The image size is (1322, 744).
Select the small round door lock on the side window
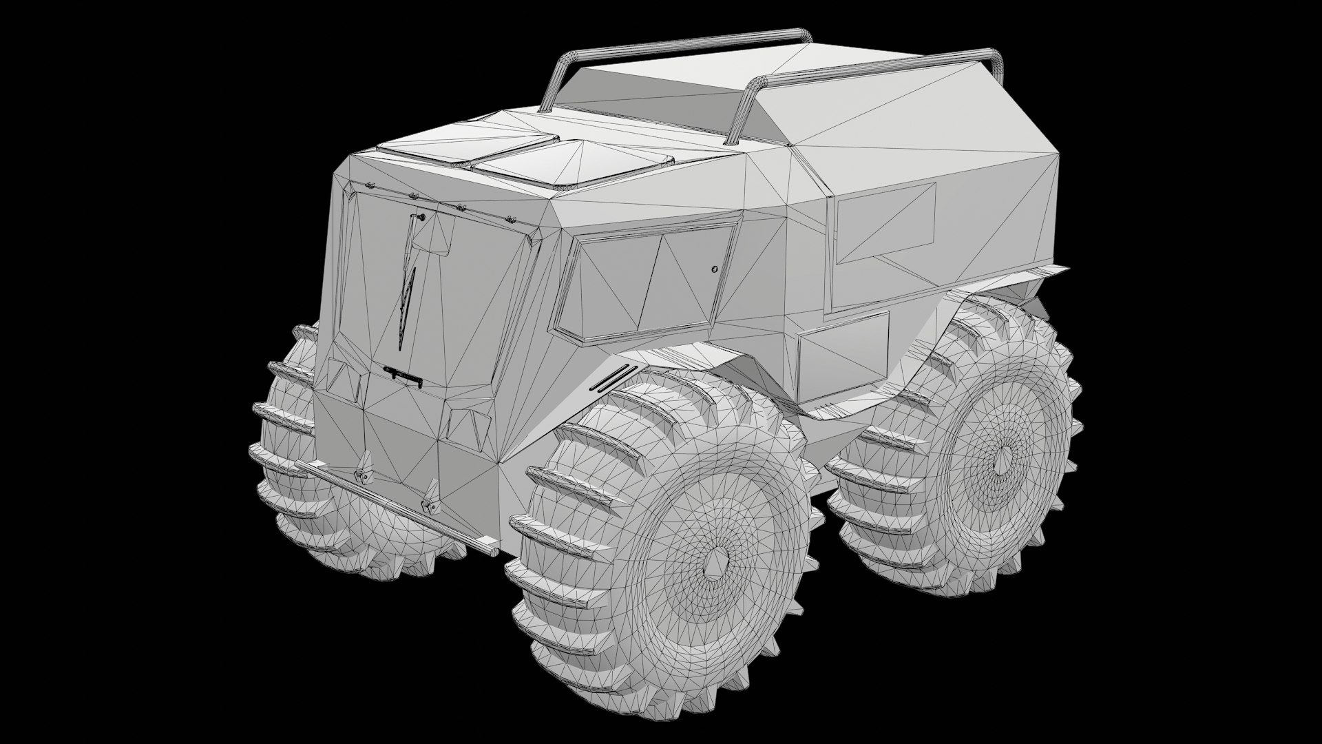point(714,269)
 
